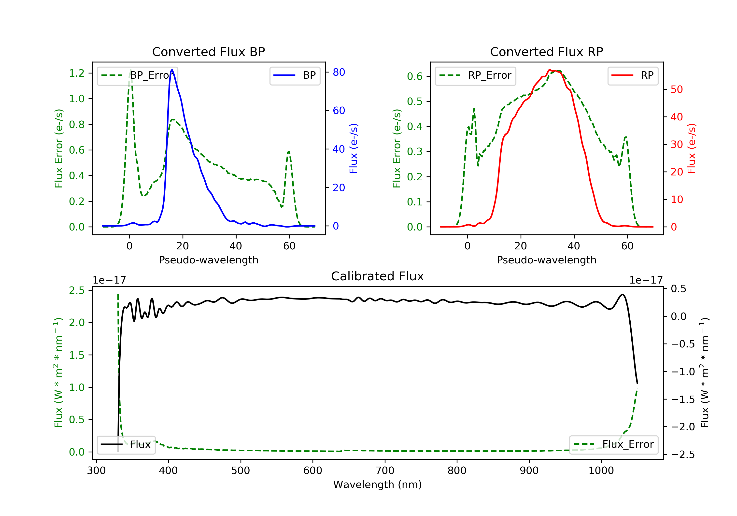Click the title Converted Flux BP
pyautogui.click(x=208, y=52)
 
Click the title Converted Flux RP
pyautogui.click(x=546, y=52)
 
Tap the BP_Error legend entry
pyautogui.click(x=137, y=75)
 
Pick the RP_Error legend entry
pyautogui.click(x=475, y=75)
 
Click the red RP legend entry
pyautogui.click(x=633, y=75)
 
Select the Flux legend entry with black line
pyautogui.click(x=126, y=444)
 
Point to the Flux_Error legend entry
pyautogui.click(x=614, y=444)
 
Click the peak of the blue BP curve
pyautogui.click(x=172, y=70)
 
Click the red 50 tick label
pyautogui.click(x=677, y=90)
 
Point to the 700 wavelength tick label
pyautogui.click(x=385, y=471)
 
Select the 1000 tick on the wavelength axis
pyautogui.click(x=601, y=471)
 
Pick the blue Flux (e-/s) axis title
pyautogui.click(x=354, y=149)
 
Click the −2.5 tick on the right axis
pyautogui.click(x=683, y=455)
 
